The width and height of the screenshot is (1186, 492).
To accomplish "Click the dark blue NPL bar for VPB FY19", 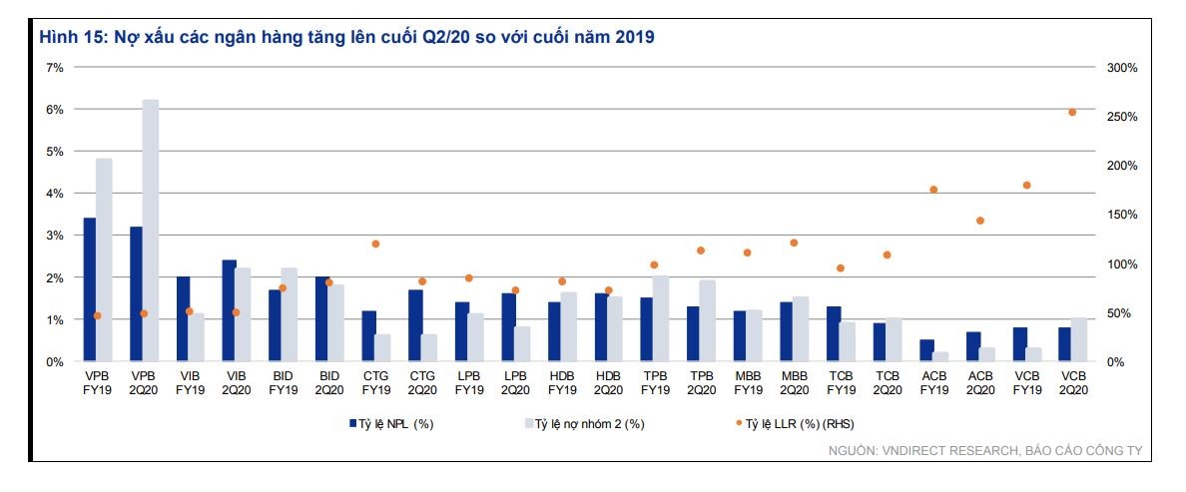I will click(90, 289).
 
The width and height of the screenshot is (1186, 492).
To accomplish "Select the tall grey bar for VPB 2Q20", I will click(150, 231).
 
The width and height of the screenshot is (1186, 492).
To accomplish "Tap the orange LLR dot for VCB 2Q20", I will click(1072, 113).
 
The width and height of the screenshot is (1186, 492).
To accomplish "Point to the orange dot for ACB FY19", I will click(933, 190).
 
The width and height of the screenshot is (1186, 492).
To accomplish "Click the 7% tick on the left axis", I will click(55, 68).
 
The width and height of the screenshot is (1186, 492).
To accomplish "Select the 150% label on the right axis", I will click(1121, 216).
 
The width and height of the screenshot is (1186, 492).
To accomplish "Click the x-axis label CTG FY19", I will click(376, 383).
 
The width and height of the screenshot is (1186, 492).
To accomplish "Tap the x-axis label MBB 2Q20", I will click(794, 383).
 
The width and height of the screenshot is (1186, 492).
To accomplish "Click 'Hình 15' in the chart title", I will click(64, 38).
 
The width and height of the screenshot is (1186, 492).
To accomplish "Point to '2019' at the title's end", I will click(634, 38).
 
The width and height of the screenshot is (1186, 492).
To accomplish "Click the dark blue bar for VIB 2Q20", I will click(229, 310).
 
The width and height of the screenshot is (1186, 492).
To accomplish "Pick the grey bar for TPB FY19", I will click(661, 319).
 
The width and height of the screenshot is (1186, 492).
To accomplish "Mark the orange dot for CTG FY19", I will click(375, 244).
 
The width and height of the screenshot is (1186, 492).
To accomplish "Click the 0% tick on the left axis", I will click(55, 362).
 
